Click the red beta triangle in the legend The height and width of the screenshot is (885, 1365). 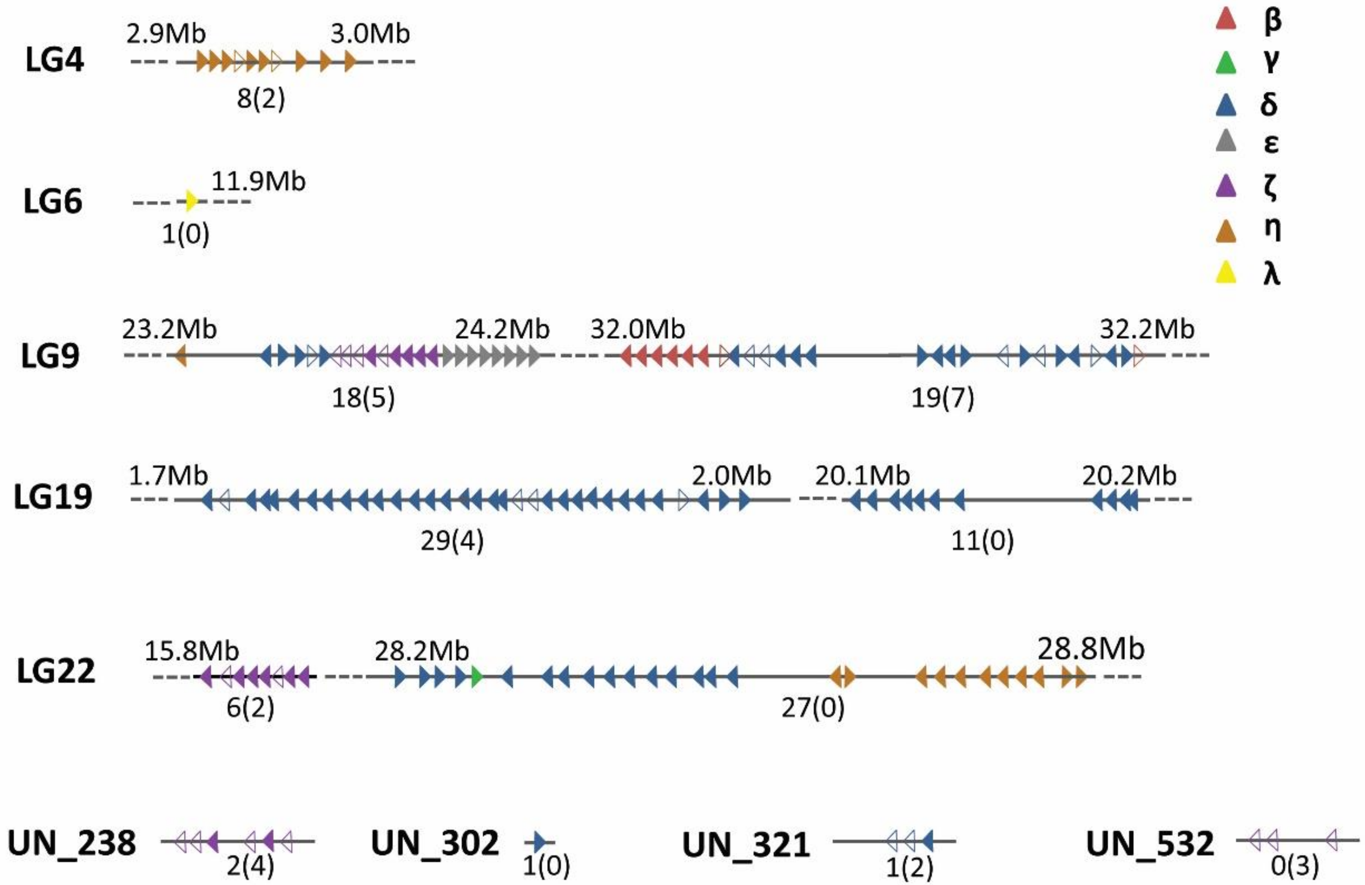(1226, 19)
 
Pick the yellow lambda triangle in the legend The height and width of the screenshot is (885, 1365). (1226, 272)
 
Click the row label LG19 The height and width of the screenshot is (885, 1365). (53, 497)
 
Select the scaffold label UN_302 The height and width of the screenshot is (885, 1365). (435, 843)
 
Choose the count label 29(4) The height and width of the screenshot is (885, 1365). (452, 541)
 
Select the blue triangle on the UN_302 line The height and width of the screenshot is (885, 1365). (539, 842)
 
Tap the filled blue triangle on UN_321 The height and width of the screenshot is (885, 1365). (928, 841)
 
